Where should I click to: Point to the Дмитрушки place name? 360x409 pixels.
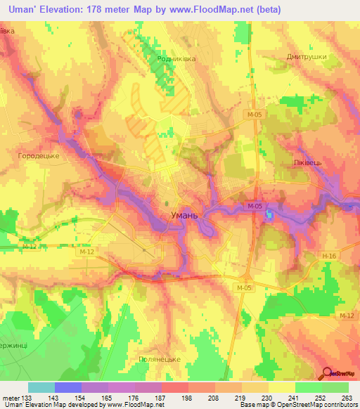[308, 57]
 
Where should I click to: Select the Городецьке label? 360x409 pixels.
[38, 155]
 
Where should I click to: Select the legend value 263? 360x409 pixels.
[347, 396]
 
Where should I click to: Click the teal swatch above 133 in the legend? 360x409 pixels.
[41, 387]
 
